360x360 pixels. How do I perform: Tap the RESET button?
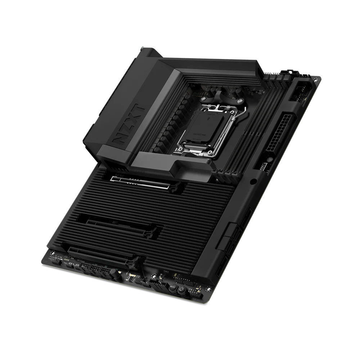[173, 287]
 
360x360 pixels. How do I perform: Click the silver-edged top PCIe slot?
[141, 182]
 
